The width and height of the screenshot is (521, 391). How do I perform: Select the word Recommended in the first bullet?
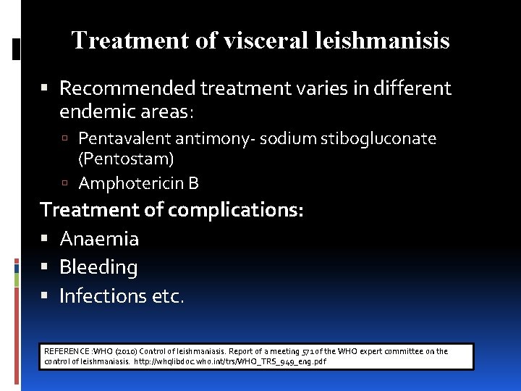point(127,88)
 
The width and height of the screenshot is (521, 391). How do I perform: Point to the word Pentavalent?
point(122,138)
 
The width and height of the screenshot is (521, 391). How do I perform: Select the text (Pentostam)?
point(126,158)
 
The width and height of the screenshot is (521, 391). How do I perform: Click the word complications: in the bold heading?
point(236,210)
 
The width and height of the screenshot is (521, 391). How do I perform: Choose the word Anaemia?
point(99,238)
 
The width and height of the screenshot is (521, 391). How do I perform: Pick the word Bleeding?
point(98,267)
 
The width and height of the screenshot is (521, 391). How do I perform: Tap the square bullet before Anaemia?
point(47,239)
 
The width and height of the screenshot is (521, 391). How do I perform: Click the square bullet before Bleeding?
point(47,268)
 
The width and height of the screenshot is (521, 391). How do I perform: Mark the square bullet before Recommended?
point(47,89)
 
